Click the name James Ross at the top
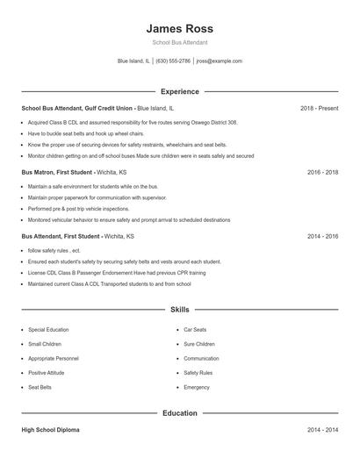pyautogui.click(x=180, y=28)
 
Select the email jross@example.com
pyautogui.click(x=219, y=61)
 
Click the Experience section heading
pyautogui.click(x=180, y=91)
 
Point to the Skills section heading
pyautogui.click(x=180, y=310)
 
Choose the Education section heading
pyautogui.click(x=180, y=412)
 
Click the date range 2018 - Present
pyautogui.click(x=319, y=108)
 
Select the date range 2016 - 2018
pyautogui.click(x=322, y=173)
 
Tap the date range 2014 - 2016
pyautogui.click(x=322, y=237)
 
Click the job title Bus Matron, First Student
pyautogui.click(x=61, y=173)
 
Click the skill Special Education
pyautogui.click(x=48, y=330)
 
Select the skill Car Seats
pyautogui.click(x=195, y=330)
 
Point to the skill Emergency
pyautogui.click(x=197, y=387)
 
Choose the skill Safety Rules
pyautogui.click(x=198, y=373)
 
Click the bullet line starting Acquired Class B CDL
pyautogui.click(x=132, y=123)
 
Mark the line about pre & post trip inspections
pyautogui.click(x=78, y=209)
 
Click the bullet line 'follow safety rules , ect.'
pyautogui.click(x=54, y=251)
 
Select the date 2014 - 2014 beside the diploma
pyautogui.click(x=322, y=430)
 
